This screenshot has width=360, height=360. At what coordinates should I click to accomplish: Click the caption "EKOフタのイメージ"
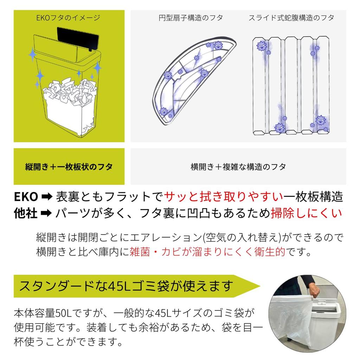[69, 18]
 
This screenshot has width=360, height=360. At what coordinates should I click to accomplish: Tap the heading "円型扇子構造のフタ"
[191, 18]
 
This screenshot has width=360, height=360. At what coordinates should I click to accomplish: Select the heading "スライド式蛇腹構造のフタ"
[291, 18]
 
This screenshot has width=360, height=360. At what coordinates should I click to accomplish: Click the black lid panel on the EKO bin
[77, 39]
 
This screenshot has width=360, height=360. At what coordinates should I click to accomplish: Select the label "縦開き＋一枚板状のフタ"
[69, 167]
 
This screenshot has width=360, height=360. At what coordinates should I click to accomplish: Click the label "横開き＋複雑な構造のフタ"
[238, 167]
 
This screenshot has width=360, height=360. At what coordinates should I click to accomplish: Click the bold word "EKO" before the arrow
[26, 197]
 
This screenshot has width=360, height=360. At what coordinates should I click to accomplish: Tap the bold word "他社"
[26, 213]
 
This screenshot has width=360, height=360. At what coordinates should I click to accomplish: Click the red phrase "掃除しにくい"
[306, 213]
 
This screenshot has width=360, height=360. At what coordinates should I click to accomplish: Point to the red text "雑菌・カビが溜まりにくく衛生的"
[207, 252]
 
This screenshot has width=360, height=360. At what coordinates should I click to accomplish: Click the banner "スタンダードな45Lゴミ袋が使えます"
[127, 286]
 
